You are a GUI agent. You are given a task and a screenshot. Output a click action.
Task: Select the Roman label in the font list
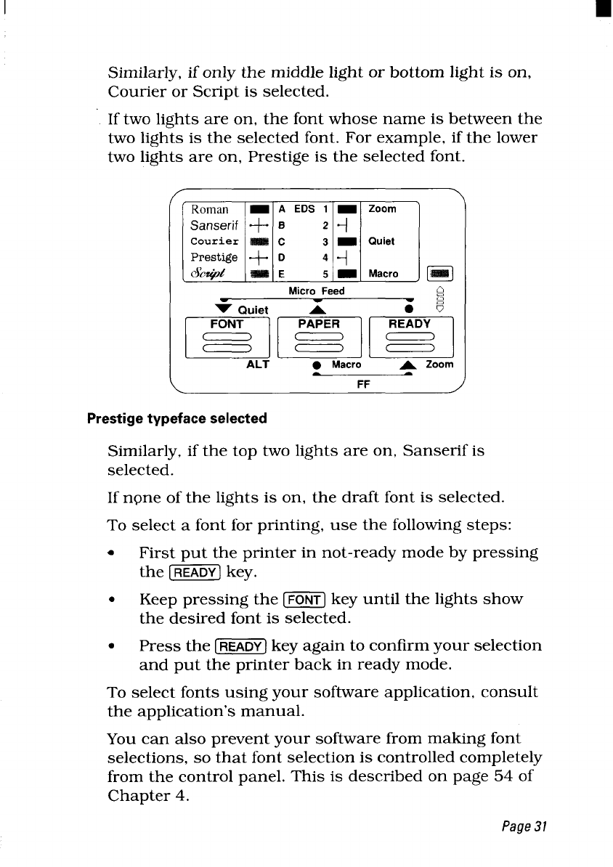210,209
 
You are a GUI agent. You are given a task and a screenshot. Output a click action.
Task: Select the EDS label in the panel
305,209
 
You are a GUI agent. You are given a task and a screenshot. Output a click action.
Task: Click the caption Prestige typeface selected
176,418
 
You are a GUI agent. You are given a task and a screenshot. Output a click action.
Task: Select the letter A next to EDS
280,209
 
